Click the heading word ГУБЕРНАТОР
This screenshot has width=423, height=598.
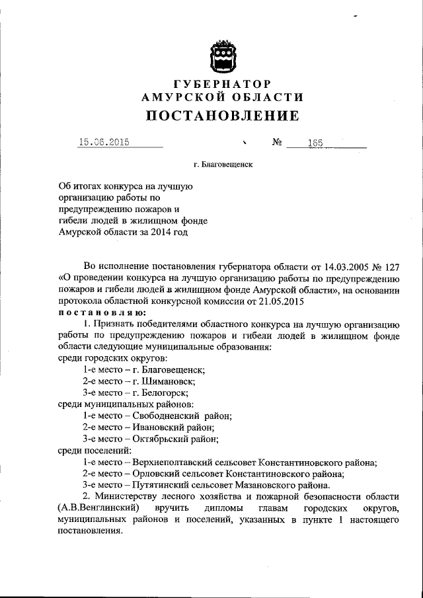pyautogui.click(x=222, y=85)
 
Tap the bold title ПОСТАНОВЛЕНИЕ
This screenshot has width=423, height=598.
pyautogui.click(x=222, y=116)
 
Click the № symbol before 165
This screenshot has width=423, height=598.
pyautogui.click(x=277, y=142)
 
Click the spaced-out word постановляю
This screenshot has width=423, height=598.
pyautogui.click(x=102, y=312)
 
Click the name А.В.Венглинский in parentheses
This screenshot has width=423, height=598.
pyautogui.click(x=98, y=508)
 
